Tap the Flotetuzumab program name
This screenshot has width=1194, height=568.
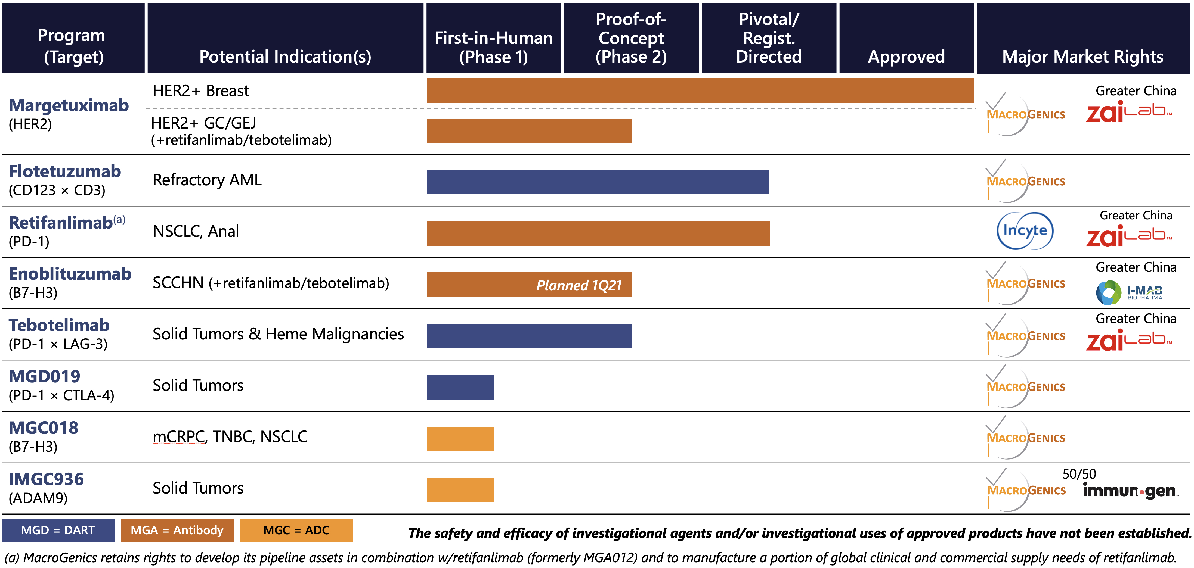pos(65,171)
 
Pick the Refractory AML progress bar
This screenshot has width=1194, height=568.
pos(598,182)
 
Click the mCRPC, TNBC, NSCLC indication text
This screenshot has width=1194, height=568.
pos(230,436)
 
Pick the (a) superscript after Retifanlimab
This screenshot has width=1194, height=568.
pos(120,220)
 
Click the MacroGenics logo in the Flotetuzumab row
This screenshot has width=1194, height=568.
pos(1025,181)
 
